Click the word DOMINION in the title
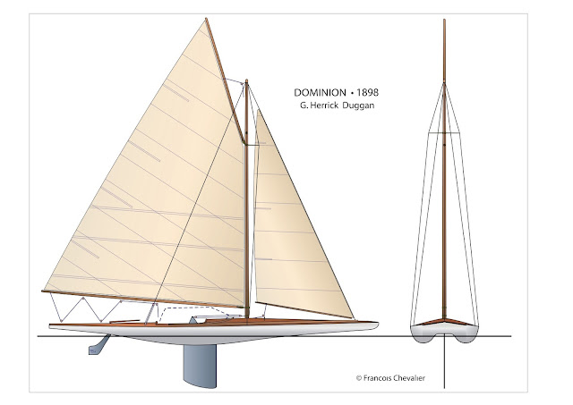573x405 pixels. (x=320, y=93)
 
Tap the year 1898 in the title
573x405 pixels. (x=367, y=93)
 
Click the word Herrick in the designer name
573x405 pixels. (x=324, y=105)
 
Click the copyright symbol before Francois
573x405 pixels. (x=359, y=378)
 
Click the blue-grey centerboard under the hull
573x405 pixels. (x=200, y=365)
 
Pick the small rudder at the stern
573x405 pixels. (x=98, y=346)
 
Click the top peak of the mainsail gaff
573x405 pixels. (x=206, y=19)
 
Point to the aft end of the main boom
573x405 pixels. (x=43, y=291)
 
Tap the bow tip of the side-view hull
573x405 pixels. (x=378, y=323)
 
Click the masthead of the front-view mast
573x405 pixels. (x=444, y=20)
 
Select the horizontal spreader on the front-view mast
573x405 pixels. (x=444, y=133)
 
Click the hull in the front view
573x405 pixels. (x=444, y=333)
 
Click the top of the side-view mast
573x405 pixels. (x=247, y=80)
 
